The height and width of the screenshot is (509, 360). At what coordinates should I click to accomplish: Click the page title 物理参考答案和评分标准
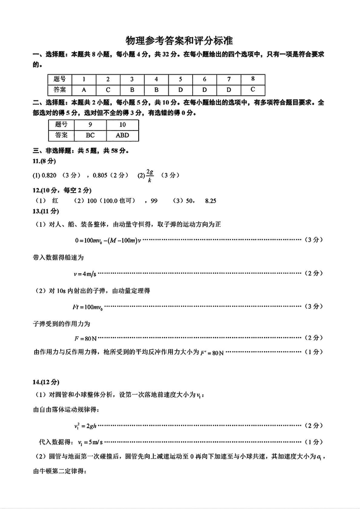tap(179, 41)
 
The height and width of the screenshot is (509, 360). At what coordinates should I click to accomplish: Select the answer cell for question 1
tap(84, 89)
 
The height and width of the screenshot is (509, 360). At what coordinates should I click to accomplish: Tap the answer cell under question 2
tap(108, 89)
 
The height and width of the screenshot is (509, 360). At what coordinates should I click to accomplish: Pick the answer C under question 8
tap(253, 89)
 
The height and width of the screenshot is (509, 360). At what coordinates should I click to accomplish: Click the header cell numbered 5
tap(180, 79)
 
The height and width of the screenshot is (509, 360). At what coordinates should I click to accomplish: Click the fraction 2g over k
tap(151, 176)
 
